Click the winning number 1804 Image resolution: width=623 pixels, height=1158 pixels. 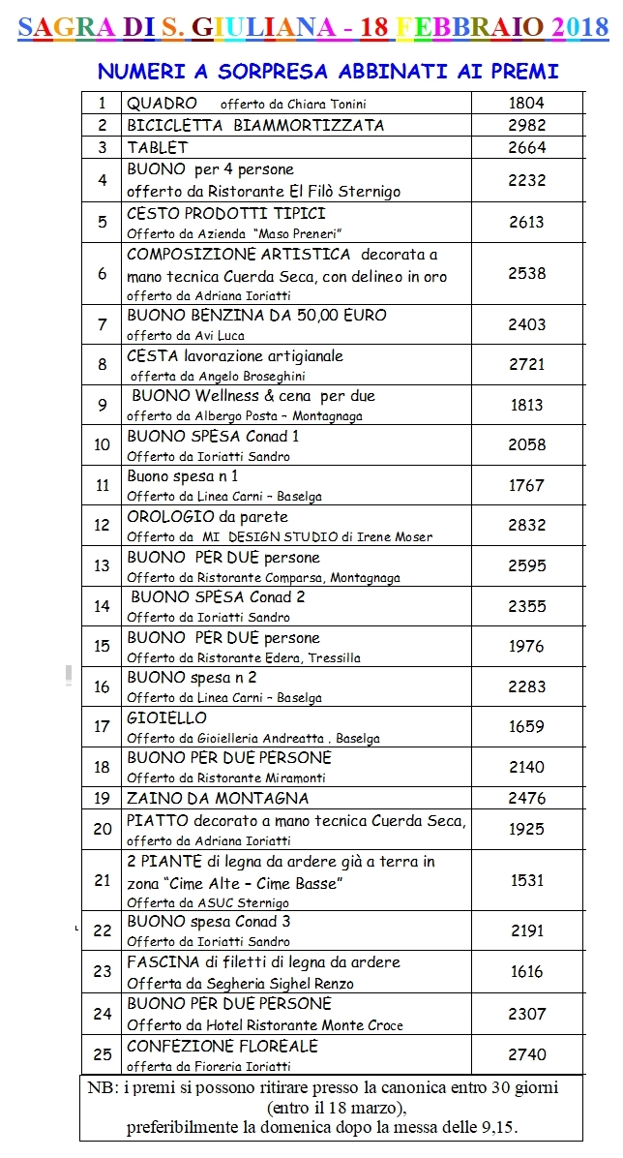(526, 103)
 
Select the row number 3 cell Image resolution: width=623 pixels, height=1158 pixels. (102, 147)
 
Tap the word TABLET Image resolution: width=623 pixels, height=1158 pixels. (157, 147)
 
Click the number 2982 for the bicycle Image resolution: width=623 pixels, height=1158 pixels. (526, 125)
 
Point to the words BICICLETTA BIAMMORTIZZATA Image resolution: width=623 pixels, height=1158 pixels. (255, 125)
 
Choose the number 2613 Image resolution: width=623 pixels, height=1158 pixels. (526, 222)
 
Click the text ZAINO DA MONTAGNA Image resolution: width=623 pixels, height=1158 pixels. (218, 799)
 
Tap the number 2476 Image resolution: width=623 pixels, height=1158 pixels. (526, 799)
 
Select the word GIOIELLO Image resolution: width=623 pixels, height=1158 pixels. (166, 718)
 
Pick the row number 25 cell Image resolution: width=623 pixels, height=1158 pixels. (102, 1054)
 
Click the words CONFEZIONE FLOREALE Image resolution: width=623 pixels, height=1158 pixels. (222, 1047)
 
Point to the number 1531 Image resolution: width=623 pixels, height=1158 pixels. (526, 880)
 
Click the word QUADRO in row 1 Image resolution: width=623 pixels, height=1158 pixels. (162, 103)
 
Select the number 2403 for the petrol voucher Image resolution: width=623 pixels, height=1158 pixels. (526, 325)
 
